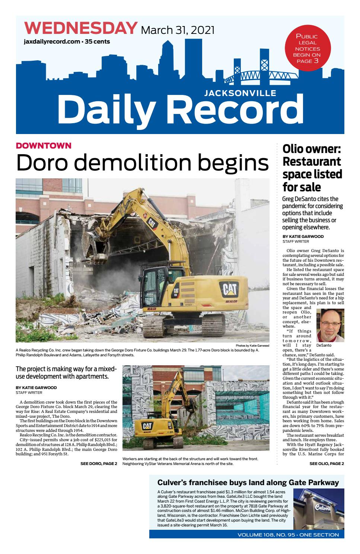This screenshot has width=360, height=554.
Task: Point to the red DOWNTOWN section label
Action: click(x=44, y=146)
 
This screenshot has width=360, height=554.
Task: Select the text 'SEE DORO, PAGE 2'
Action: click(x=99, y=464)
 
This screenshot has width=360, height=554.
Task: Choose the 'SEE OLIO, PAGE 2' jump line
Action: click(x=326, y=464)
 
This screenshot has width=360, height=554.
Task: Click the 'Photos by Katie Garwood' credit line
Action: click(x=252, y=346)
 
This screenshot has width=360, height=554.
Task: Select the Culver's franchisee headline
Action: click(x=248, y=483)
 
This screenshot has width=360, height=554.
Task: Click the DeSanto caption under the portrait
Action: click(x=324, y=346)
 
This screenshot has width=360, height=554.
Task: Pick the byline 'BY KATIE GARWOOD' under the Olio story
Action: click(x=303, y=236)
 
